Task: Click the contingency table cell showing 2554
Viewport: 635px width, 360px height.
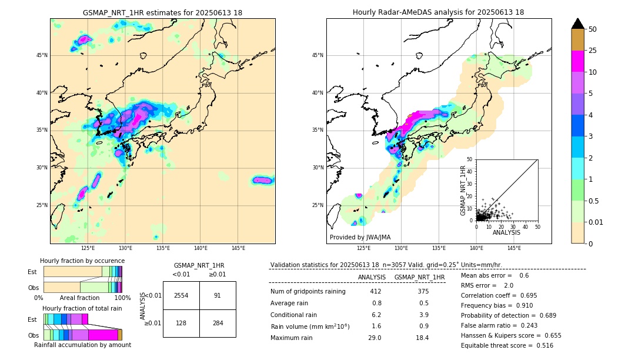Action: click(x=181, y=295)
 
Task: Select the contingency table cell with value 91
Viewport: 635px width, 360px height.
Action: click(x=218, y=295)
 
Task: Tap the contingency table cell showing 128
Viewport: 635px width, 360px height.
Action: click(x=181, y=323)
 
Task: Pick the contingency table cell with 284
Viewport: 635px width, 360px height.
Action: click(x=218, y=323)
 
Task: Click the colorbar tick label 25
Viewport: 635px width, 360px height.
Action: click(x=593, y=51)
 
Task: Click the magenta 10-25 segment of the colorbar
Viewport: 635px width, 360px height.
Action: click(x=577, y=62)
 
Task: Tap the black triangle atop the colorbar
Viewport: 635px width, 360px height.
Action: click(x=577, y=24)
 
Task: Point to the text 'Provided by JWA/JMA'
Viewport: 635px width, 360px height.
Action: click(x=360, y=237)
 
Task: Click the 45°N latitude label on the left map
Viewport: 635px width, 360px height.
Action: click(x=42, y=55)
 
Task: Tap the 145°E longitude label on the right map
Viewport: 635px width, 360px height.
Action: click(x=514, y=248)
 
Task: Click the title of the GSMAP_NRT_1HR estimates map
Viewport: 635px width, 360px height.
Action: click(x=162, y=12)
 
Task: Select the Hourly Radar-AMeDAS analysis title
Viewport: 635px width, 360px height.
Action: click(x=438, y=12)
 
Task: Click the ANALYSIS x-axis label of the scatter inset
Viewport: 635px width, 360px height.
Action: click(x=506, y=232)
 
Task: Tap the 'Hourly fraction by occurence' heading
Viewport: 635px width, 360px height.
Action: click(x=82, y=261)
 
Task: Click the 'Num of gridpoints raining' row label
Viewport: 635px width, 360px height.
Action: click(x=308, y=291)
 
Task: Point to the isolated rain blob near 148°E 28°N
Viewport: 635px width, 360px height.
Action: click(x=263, y=180)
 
